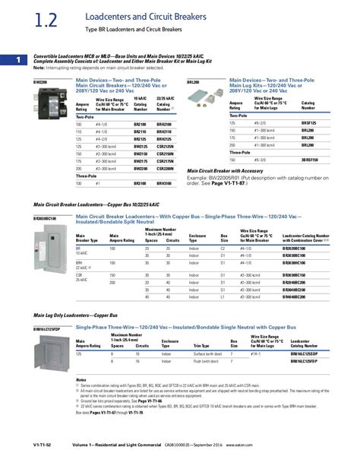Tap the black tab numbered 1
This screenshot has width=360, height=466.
coord(8,59)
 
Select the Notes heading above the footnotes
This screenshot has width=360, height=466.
coord(81,379)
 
